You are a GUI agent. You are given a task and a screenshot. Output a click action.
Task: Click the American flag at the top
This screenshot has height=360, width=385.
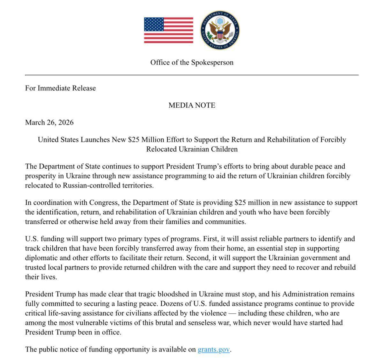point(168,30)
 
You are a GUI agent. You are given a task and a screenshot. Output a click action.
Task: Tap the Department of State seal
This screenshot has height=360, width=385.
point(220,30)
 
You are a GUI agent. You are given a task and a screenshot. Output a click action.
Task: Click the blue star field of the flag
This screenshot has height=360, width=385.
point(153,25)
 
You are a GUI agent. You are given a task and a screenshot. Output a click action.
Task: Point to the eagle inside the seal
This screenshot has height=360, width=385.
point(220,31)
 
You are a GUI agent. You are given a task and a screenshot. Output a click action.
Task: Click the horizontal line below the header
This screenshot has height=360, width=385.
point(192,75)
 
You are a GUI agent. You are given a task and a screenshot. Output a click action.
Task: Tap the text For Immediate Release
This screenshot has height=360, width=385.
point(60,88)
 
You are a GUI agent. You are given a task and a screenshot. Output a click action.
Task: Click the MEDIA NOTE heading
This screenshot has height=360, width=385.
point(192,105)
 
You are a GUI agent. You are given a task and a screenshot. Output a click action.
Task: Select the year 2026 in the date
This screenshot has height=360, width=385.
point(65,123)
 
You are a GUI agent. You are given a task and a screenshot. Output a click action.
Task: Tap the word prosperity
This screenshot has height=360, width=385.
point(42,176)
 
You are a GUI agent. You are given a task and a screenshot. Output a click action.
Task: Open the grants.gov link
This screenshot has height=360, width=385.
point(214,350)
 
